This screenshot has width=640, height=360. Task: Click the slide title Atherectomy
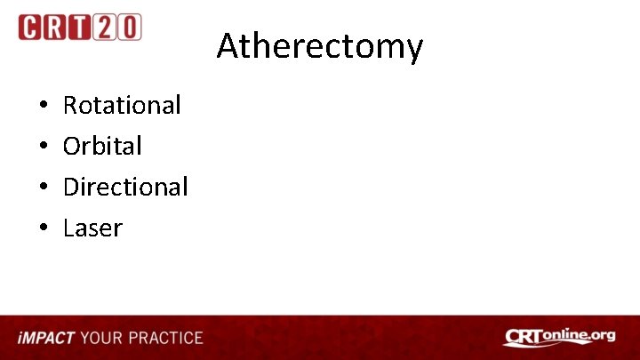(x=319, y=45)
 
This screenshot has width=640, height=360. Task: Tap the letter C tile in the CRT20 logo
(x=31, y=28)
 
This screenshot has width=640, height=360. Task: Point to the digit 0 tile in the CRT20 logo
(x=129, y=28)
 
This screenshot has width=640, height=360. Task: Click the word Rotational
(x=122, y=105)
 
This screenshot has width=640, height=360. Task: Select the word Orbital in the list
(x=102, y=146)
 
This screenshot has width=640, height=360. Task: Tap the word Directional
(x=125, y=187)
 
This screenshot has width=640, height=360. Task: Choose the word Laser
(x=92, y=228)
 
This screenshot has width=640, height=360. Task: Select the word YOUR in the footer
(x=102, y=338)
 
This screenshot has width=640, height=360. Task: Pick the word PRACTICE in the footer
(x=166, y=338)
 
